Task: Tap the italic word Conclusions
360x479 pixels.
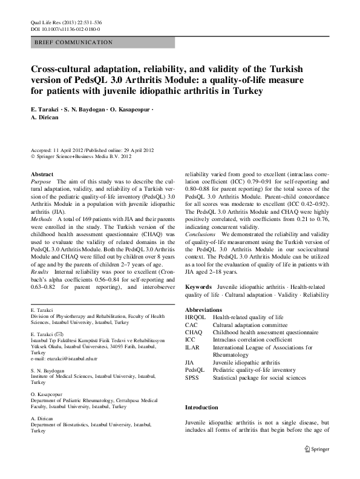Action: coord(200,233)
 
